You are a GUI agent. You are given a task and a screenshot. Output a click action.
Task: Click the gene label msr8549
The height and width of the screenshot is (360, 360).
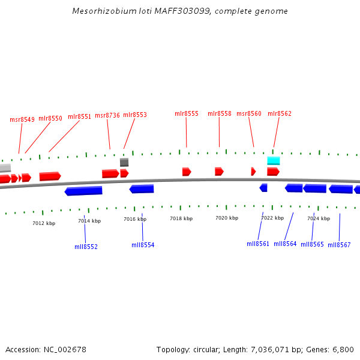point(22,119)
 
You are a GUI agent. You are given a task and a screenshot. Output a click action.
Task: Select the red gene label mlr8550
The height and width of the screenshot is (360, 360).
point(50,118)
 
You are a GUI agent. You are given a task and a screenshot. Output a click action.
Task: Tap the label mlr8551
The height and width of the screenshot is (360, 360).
point(79,116)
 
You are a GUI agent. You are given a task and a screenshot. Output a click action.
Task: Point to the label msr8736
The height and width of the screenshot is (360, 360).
point(107,115)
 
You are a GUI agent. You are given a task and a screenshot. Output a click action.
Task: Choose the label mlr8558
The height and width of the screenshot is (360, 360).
point(220,113)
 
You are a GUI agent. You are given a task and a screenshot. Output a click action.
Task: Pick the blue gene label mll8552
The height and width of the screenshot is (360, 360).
point(86,247)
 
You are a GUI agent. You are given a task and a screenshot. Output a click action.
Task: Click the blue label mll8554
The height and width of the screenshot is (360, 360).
point(143,245)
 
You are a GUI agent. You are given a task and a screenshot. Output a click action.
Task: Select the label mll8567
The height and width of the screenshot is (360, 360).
point(339,245)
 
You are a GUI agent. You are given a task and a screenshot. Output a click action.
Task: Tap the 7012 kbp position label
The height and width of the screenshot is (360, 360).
point(44,223)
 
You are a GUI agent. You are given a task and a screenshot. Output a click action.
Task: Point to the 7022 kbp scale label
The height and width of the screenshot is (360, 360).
point(272,218)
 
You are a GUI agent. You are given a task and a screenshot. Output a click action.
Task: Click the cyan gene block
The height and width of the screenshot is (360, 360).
point(274,161)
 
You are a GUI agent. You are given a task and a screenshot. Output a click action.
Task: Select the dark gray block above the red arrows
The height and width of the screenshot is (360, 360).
point(124,162)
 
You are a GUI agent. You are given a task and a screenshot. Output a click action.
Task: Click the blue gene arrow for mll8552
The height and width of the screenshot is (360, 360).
point(83,191)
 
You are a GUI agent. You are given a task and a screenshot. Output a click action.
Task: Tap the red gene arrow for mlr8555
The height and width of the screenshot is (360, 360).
point(187,172)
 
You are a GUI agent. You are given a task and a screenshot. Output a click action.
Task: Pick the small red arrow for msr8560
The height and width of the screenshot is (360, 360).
point(253,172)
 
